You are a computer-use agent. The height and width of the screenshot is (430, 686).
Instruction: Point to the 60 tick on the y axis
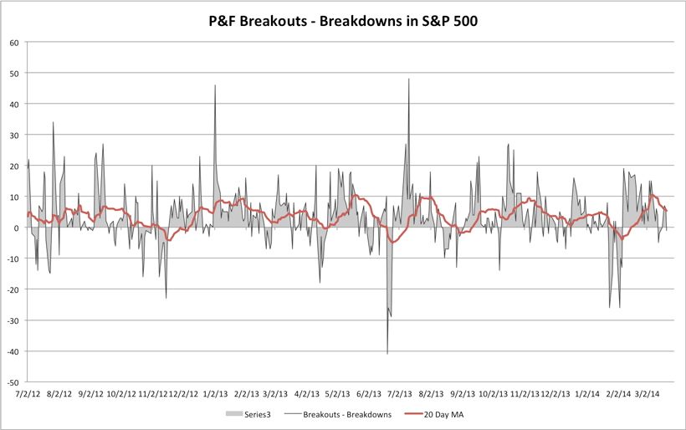pos(15,42)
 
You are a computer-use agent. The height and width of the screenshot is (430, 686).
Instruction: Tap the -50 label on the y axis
pos(13,381)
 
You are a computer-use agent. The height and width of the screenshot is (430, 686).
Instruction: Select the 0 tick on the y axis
pos(18,228)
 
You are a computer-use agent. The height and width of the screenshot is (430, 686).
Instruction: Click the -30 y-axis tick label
pos(13,320)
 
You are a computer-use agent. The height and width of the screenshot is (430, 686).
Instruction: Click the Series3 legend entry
pos(253,414)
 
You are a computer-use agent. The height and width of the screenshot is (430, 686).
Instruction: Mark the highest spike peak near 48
pos(409,79)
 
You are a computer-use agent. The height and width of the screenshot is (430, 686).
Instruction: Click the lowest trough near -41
pos(387,354)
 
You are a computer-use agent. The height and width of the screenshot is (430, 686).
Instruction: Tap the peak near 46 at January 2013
pos(215,85)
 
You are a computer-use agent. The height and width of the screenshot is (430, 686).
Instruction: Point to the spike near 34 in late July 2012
pos(54,122)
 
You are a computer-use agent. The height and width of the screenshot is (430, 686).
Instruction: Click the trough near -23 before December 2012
pos(166,298)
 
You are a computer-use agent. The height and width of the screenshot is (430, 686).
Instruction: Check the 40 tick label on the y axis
pos(15,104)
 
